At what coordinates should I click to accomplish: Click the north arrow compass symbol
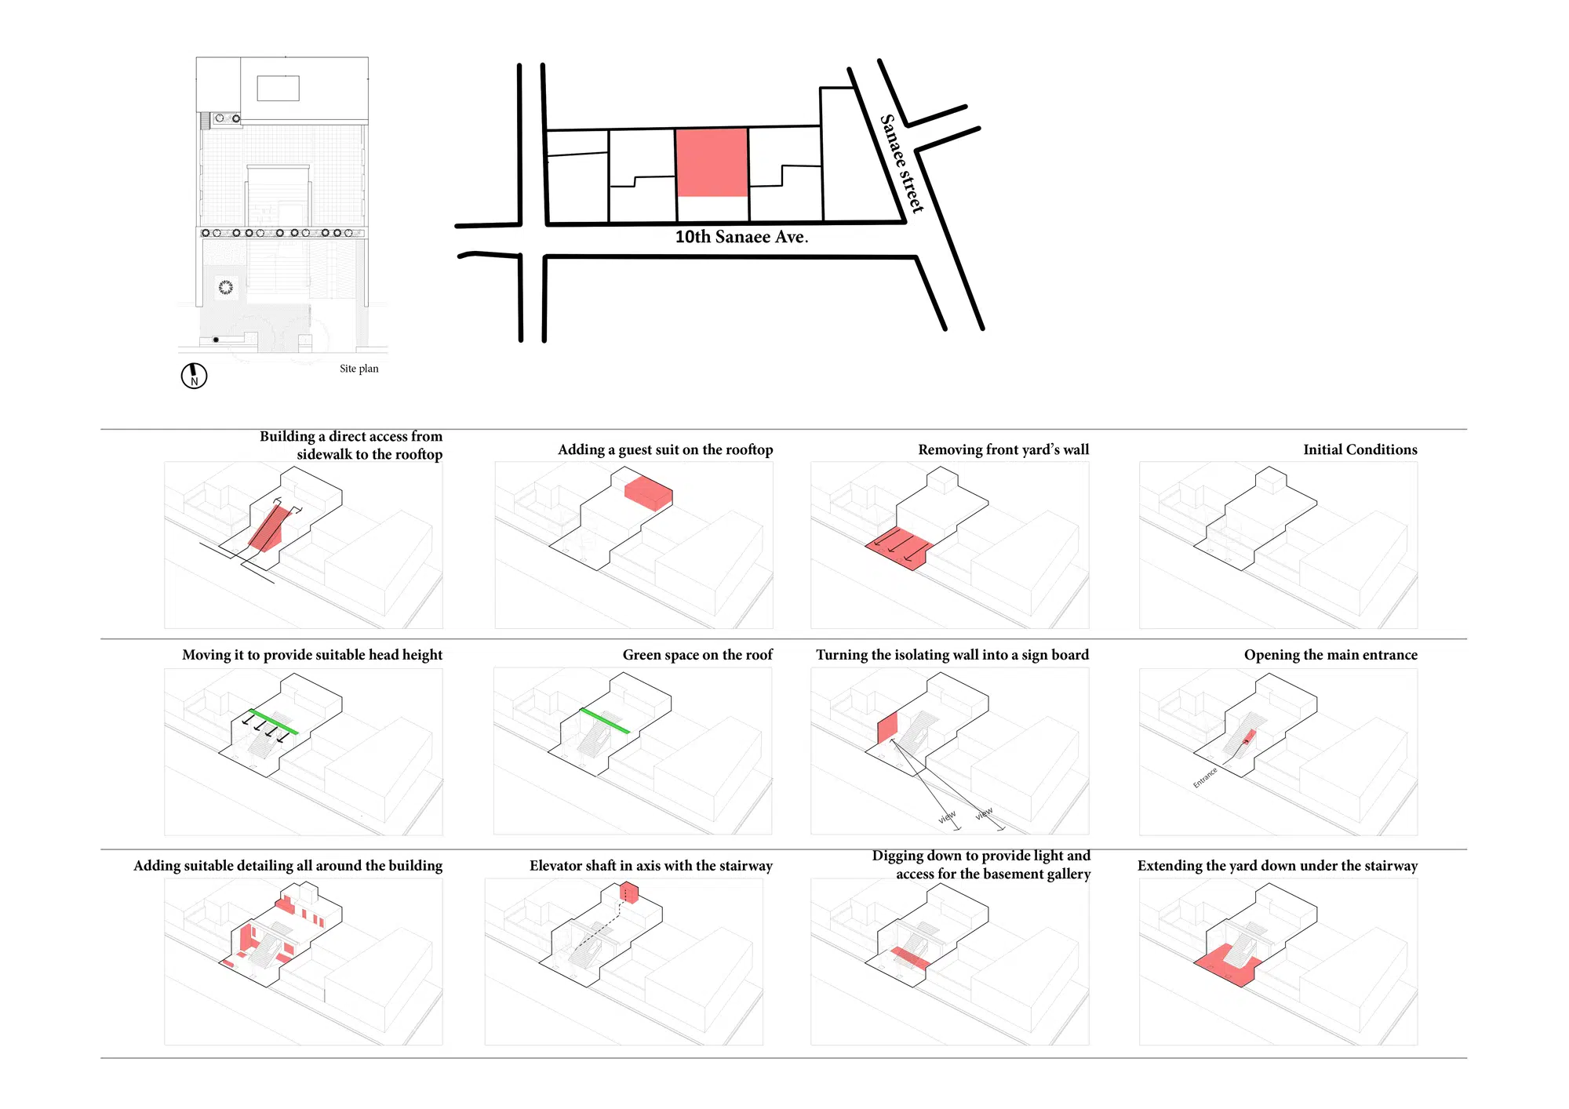click(194, 376)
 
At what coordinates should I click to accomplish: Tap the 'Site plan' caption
click(359, 369)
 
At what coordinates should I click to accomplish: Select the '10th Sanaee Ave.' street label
click(741, 237)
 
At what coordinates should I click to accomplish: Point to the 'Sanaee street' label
click(901, 163)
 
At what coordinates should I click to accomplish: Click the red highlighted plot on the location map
click(712, 162)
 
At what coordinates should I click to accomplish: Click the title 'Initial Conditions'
click(1360, 449)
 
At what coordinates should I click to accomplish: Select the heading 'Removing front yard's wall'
click(1003, 449)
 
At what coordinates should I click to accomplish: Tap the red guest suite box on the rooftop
click(648, 493)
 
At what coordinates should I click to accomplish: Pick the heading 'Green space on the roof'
click(697, 655)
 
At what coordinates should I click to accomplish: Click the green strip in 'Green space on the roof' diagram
click(605, 721)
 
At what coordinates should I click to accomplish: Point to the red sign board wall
click(887, 728)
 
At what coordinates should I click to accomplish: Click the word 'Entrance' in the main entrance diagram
click(1205, 777)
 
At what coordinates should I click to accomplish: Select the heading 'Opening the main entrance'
click(1331, 655)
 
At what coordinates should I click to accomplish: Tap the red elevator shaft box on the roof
click(628, 893)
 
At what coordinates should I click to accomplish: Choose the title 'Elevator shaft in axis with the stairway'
click(650, 866)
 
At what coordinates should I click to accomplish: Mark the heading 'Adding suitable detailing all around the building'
click(288, 866)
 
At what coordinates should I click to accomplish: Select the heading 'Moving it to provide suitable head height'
click(312, 655)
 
